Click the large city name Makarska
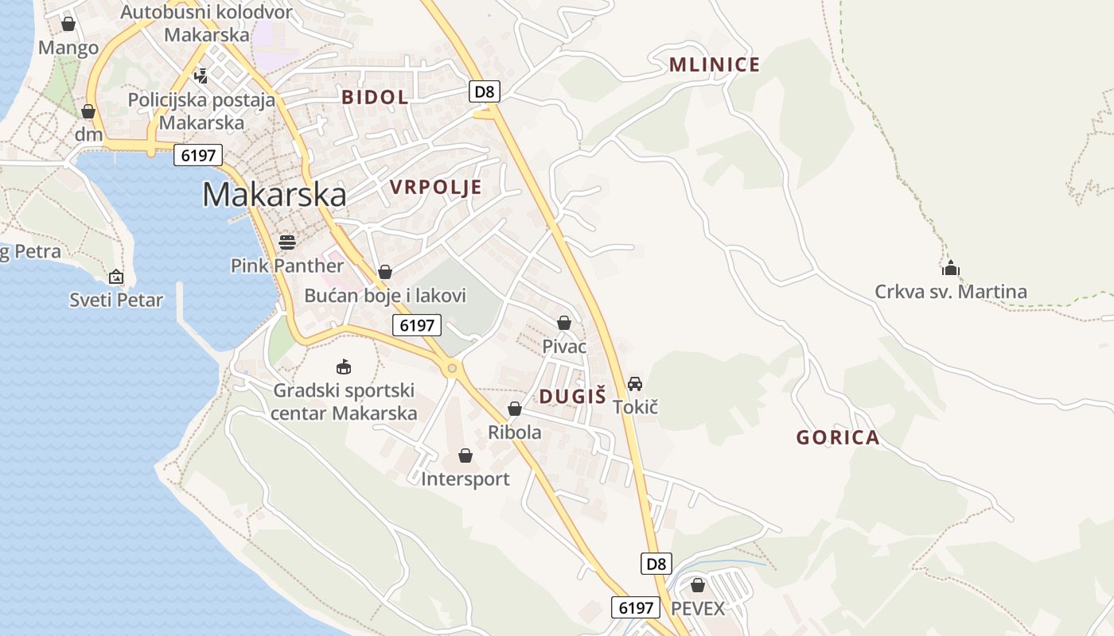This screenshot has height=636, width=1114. coord(274,195)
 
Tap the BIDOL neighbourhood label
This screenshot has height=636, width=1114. coord(375,98)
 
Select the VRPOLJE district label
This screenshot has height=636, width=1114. coord(436,188)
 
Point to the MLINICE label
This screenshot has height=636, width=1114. coord(715,65)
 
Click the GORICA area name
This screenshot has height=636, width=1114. coord(838,437)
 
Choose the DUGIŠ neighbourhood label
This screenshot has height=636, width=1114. coord(573,397)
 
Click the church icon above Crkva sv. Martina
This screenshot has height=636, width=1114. coord(950,268)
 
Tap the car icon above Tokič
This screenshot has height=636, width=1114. coord(635,384)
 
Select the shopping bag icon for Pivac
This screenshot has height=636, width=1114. coord(564,323)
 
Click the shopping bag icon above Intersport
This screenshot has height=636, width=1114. coord(465,456)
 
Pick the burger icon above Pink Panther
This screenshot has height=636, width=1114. coord(287,242)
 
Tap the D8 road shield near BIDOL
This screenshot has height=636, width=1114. coord(484,91)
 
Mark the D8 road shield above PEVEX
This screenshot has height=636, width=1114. coord(656,564)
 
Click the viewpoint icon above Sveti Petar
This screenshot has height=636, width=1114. coord(116,277)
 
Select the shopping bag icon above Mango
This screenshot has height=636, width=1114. coord(68,25)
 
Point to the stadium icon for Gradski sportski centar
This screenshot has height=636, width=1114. coord(344,366)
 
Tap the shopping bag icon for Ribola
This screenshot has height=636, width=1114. coord(515,409)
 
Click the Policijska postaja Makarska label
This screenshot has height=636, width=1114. coord(201,111)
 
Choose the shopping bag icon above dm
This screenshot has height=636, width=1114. coord(88,111)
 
